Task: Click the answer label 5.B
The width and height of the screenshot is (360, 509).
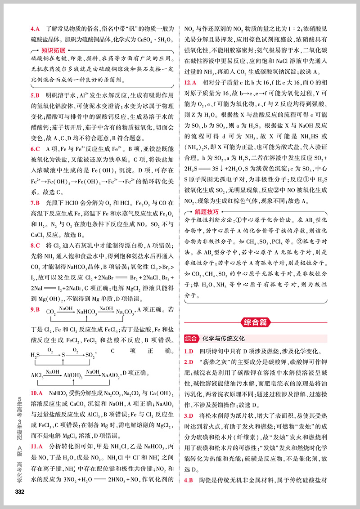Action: pyautogui.click(x=36, y=96)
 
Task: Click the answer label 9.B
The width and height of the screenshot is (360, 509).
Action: pyautogui.click(x=36, y=309)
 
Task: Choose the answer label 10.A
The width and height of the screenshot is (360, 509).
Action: pyautogui.click(x=37, y=393)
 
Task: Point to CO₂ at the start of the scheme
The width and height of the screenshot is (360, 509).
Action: pyautogui.click(x=51, y=312)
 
